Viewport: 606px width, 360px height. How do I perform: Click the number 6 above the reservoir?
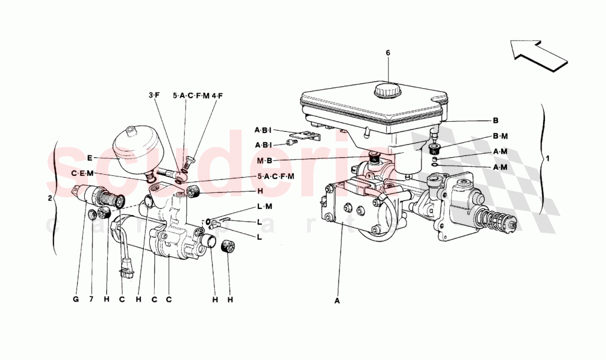tap(387, 53)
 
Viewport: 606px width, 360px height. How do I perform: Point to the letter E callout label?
tap(89, 158)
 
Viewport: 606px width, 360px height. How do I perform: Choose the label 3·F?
tap(154, 95)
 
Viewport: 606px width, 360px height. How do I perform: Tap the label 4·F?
tap(217, 95)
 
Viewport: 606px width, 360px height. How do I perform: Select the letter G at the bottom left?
tap(75, 299)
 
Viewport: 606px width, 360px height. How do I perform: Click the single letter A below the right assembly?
tap(337, 301)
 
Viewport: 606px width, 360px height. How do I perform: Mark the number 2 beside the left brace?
tap(50, 198)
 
